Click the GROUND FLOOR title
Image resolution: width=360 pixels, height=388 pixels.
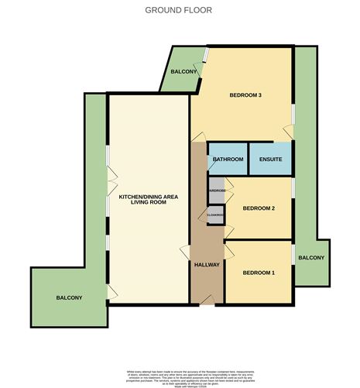point(178,10)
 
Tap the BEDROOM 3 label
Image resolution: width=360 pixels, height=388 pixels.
point(245,95)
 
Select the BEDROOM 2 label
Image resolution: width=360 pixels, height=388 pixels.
point(259,208)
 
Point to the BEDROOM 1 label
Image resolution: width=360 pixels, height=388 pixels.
point(259,273)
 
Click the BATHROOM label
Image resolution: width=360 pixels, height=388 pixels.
point(228,160)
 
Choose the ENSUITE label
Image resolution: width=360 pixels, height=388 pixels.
point(270,160)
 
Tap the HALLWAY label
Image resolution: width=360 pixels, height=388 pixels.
point(207,265)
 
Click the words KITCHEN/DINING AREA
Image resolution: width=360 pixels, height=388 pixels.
point(148,197)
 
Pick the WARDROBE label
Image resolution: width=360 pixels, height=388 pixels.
point(217,190)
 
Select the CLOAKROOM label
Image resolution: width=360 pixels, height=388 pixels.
point(215,215)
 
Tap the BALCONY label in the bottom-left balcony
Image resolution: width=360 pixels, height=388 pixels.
point(69,297)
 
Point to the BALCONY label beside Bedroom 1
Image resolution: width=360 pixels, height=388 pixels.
point(311,257)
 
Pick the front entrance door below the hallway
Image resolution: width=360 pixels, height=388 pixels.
point(207,304)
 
